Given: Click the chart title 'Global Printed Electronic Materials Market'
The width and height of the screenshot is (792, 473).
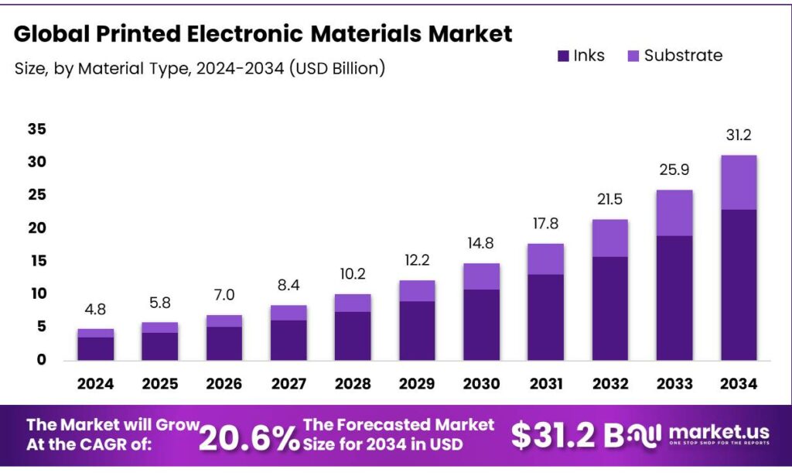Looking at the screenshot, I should (x=263, y=34).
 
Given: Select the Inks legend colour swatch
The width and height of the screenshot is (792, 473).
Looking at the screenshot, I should (x=562, y=56).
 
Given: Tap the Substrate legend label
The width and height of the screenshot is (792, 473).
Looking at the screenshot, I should (x=683, y=56).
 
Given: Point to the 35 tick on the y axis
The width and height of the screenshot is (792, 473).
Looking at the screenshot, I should (x=36, y=129).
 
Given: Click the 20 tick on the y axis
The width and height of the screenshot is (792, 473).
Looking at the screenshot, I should (x=36, y=228).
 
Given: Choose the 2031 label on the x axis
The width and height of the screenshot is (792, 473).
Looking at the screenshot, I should (x=545, y=383).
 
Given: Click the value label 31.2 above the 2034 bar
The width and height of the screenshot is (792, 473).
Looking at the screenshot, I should (x=738, y=135).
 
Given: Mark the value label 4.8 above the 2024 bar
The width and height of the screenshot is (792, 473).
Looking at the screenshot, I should (x=95, y=310).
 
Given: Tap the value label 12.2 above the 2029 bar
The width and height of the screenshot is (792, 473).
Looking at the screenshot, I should (x=417, y=261).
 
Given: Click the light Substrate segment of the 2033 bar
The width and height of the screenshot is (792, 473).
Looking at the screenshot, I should (x=674, y=213).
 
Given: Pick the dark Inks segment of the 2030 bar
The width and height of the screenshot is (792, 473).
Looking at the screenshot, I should (x=481, y=324).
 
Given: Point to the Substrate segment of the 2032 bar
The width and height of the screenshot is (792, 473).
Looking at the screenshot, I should (x=609, y=238).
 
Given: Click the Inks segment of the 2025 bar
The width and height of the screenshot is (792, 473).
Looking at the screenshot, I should (x=159, y=346).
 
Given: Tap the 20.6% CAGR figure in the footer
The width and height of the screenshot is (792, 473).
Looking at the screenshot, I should (x=249, y=437).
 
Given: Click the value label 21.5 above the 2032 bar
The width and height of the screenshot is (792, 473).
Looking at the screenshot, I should (x=609, y=201).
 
